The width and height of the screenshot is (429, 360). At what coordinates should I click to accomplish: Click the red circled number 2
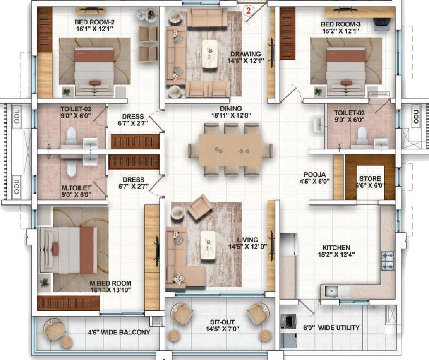click(x=248, y=11)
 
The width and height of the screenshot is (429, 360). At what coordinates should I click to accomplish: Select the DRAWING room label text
click(x=246, y=54)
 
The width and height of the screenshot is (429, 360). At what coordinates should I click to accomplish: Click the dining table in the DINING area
click(x=230, y=150)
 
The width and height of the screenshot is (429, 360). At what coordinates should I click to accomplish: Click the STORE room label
click(x=370, y=179)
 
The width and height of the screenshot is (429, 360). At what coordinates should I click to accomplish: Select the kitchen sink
click(x=331, y=292)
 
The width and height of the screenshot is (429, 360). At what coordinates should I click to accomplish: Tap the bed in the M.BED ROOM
click(x=68, y=250)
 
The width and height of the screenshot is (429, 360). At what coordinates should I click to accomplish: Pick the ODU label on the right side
click(x=416, y=117)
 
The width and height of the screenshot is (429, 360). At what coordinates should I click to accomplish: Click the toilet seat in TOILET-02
click(x=72, y=135)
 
